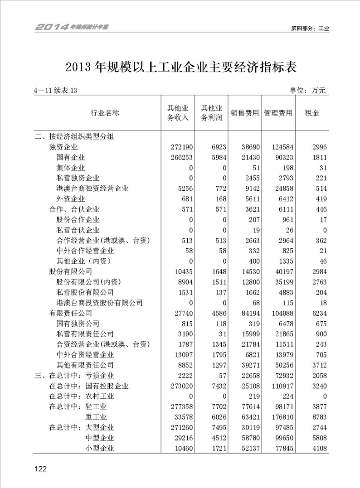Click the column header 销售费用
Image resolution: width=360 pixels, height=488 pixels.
(x=245, y=113)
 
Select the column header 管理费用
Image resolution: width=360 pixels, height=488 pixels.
(x=278, y=113)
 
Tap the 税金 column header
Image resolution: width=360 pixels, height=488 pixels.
(x=312, y=113)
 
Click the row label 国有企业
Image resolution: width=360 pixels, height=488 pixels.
(x=71, y=157)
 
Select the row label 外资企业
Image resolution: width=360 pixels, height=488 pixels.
(x=71, y=199)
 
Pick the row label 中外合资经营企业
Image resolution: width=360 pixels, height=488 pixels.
(x=85, y=355)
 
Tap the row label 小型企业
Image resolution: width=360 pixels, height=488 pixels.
(x=99, y=448)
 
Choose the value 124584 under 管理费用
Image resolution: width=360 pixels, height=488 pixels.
(x=279, y=147)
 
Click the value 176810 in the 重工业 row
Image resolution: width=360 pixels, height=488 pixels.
(x=279, y=417)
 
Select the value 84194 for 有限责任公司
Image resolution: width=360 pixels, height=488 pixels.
(x=247, y=313)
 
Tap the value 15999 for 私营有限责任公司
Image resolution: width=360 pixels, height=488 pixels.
(x=247, y=334)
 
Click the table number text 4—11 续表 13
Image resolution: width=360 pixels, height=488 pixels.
(x=56, y=91)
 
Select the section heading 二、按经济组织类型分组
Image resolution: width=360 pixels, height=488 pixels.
(x=74, y=136)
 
